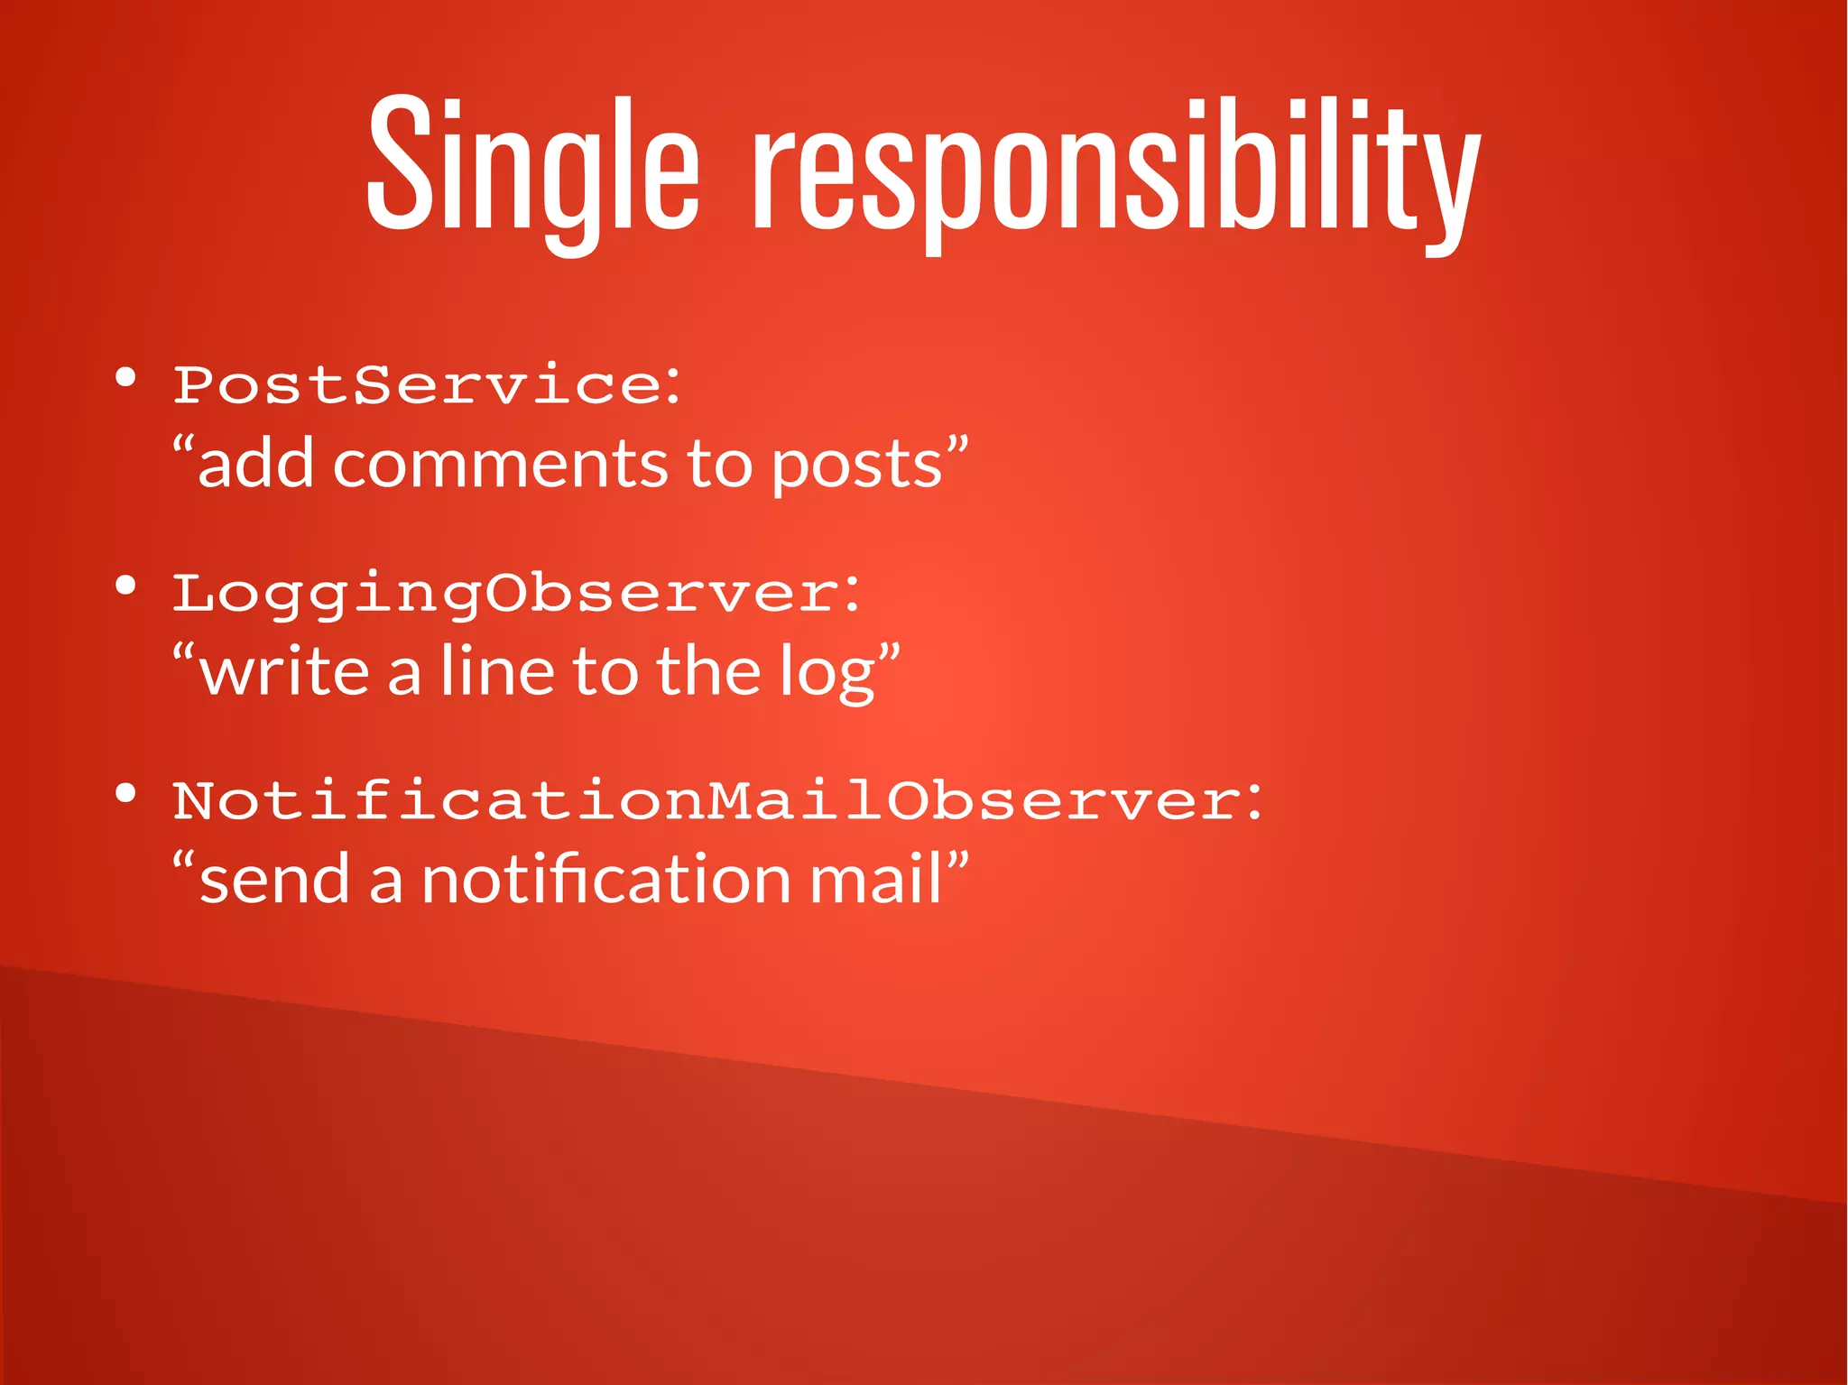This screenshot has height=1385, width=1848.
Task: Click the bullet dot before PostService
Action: click(x=125, y=377)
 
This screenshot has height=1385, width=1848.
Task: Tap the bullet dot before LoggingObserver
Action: click(x=125, y=586)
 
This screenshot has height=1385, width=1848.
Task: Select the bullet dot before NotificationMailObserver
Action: click(x=125, y=794)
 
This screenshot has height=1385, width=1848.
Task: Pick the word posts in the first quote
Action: click(x=857, y=466)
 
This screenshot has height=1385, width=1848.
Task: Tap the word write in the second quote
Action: click(x=284, y=672)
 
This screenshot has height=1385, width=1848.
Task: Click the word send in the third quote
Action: click(x=274, y=880)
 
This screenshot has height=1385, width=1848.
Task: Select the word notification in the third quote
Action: click(x=605, y=880)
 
